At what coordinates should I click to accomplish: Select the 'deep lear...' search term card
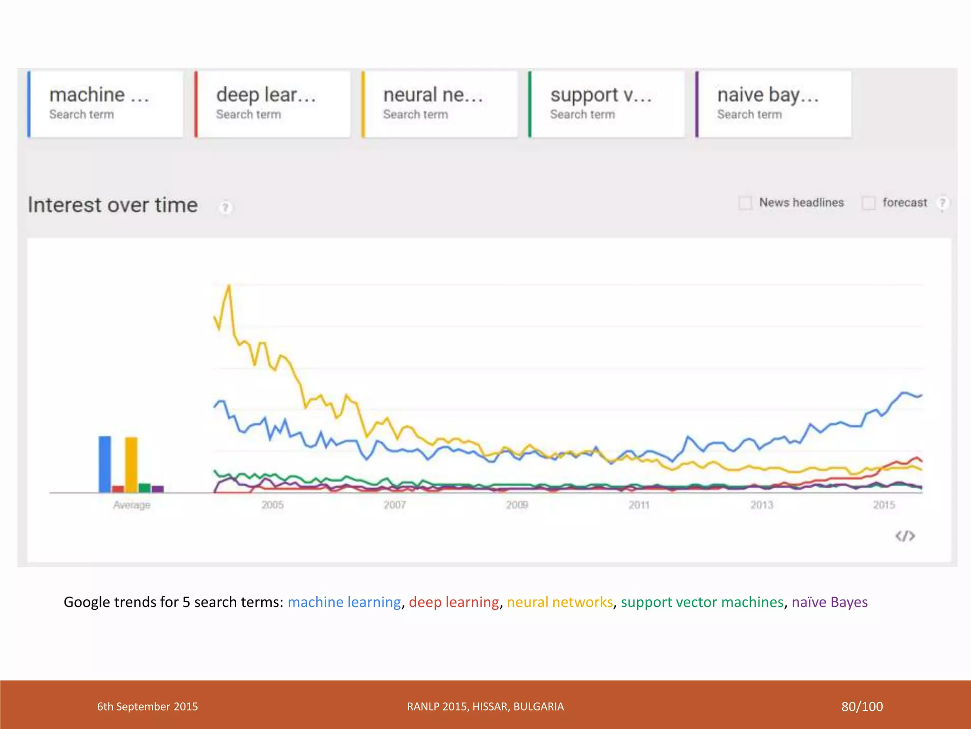click(x=273, y=104)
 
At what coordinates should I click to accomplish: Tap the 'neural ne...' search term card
click(x=440, y=104)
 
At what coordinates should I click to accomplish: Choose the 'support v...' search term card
click(x=607, y=104)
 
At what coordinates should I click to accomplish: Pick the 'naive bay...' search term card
click(x=774, y=104)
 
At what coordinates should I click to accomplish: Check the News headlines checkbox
click(x=745, y=203)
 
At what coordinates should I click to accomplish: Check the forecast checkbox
click(x=869, y=203)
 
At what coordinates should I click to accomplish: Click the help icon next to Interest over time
click(x=225, y=207)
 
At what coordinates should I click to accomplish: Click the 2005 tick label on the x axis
click(x=273, y=505)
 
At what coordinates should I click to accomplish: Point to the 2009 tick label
click(x=517, y=505)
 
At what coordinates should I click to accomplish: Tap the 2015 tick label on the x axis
click(x=884, y=505)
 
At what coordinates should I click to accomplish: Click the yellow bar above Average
click(x=131, y=465)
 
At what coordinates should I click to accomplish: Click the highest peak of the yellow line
click(x=229, y=286)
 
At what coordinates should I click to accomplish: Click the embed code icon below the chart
click(x=905, y=536)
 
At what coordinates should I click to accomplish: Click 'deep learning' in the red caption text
click(x=454, y=602)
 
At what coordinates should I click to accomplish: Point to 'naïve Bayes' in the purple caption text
click(x=829, y=602)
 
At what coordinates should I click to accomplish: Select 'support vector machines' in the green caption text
click(x=702, y=602)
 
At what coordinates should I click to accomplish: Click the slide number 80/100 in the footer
click(x=861, y=707)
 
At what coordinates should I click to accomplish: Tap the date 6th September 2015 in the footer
click(x=147, y=707)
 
